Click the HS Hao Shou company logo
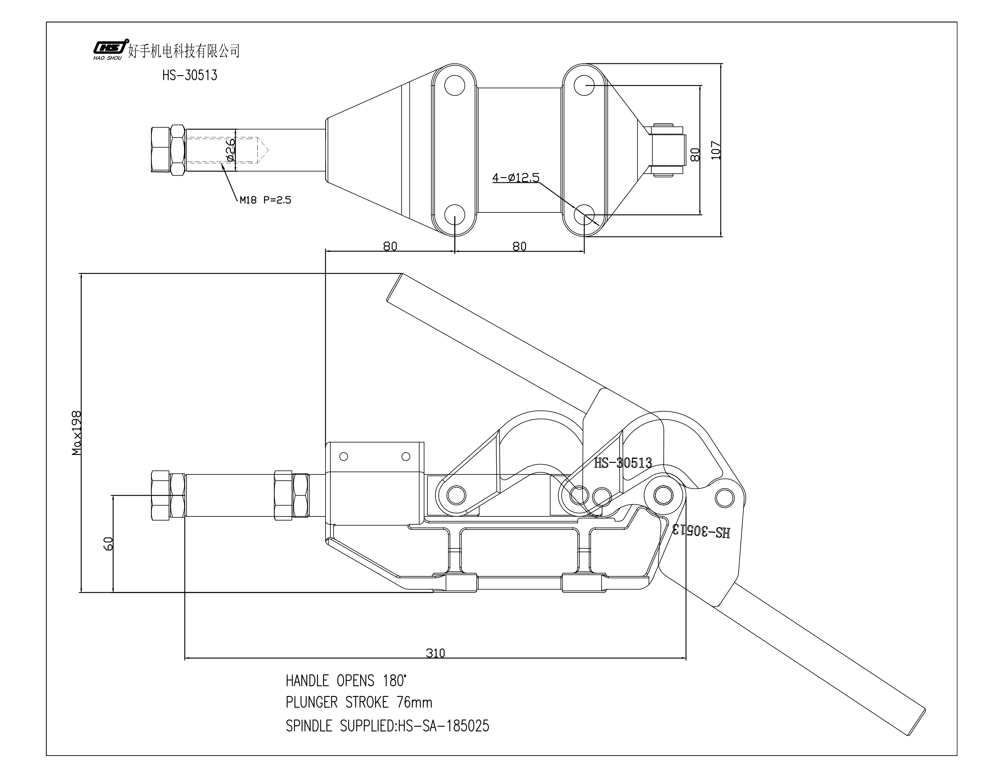109,49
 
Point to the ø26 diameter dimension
230,150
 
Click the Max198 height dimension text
76,433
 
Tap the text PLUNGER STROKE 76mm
359,702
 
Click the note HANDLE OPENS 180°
346,680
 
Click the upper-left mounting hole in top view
455,86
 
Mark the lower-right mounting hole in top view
584,215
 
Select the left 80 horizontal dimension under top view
390,246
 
